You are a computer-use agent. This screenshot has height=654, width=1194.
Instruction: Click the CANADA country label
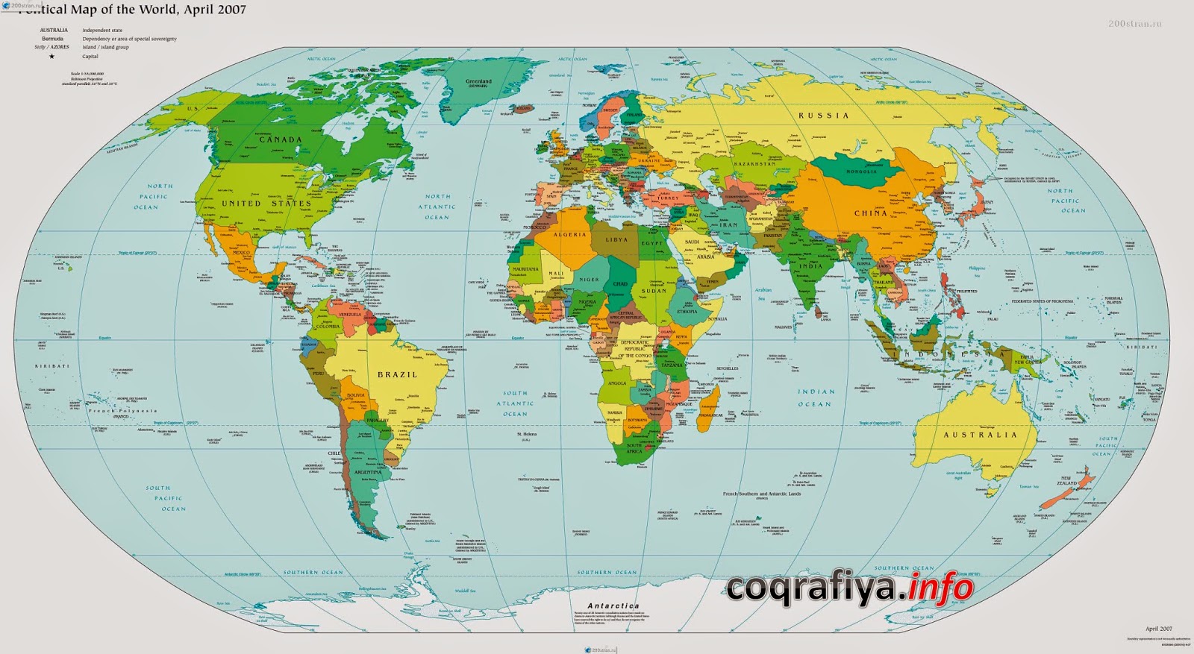pos(281,139)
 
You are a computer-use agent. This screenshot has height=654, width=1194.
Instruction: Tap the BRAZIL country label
pos(397,374)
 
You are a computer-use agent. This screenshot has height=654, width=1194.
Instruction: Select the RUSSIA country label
pos(824,116)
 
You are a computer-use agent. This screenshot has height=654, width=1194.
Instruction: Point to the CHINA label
pos(871,213)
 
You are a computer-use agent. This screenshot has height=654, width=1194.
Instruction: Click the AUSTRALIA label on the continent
pos(980,435)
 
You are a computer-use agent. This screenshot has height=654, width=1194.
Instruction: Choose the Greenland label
pos(478,81)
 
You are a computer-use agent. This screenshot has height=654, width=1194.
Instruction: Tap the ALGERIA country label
pos(570,235)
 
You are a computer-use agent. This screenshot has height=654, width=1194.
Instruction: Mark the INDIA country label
pos(811,266)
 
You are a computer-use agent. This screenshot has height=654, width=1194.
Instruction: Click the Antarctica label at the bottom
pos(613,606)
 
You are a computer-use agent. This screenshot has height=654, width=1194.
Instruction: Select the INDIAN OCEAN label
pos(815,397)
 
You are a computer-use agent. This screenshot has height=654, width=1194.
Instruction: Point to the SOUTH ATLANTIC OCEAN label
pos(515,403)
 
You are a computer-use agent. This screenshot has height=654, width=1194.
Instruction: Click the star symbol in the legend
pos(51,57)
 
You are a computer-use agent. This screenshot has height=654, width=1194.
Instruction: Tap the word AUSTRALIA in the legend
pos(54,31)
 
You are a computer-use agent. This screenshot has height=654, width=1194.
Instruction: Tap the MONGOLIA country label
pos(861,172)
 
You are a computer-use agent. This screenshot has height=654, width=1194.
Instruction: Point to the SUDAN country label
pos(654,291)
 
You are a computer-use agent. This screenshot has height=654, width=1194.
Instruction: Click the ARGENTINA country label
pos(368,472)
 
